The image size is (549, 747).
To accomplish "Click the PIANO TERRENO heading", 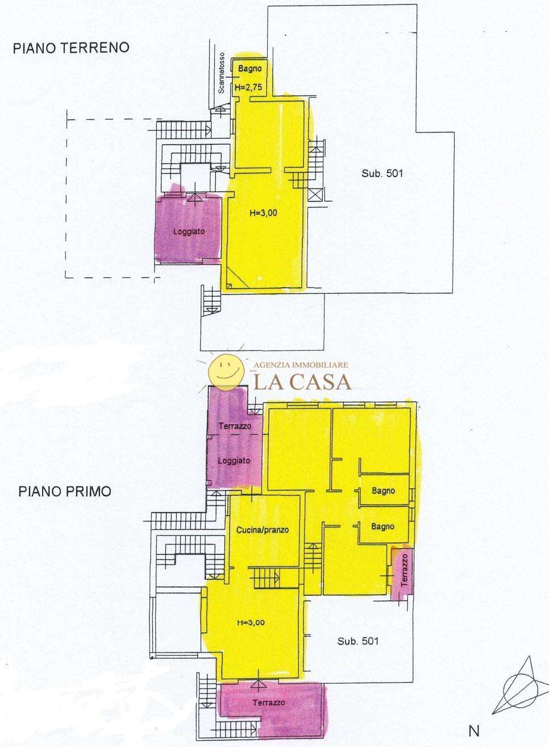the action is pyautogui.click(x=71, y=48).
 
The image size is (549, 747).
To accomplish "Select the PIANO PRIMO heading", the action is pyautogui.click(x=65, y=492).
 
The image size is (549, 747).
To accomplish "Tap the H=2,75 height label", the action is pyautogui.click(x=248, y=88).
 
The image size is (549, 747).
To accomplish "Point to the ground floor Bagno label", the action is pyautogui.click(x=249, y=69).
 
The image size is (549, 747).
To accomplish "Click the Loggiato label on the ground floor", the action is pyautogui.click(x=189, y=231).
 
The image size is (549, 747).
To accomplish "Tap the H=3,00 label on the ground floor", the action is pyautogui.click(x=263, y=213).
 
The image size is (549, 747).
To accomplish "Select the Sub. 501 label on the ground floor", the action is pyautogui.click(x=382, y=173).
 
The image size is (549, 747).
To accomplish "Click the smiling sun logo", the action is pyautogui.click(x=226, y=371).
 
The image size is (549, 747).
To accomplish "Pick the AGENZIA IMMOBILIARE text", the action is pyautogui.click(x=301, y=365).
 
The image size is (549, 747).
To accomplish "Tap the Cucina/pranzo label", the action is pyautogui.click(x=263, y=530).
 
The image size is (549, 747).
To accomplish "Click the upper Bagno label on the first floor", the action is pyautogui.click(x=383, y=491).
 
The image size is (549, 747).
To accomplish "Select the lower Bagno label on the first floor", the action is pyautogui.click(x=382, y=526).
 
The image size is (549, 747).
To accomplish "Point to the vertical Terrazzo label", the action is pyautogui.click(x=404, y=570).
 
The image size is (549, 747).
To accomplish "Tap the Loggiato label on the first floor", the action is pyautogui.click(x=234, y=460).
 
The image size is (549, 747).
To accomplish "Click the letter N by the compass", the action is pyautogui.click(x=473, y=729).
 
